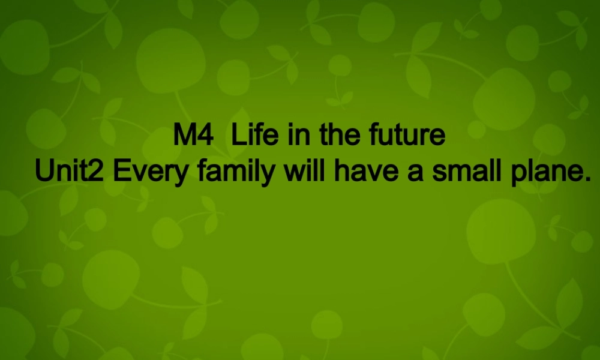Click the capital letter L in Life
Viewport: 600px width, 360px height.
point(236,136)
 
